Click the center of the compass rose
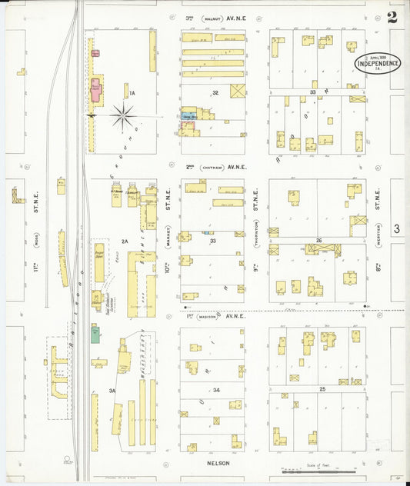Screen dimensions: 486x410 coord(122,117)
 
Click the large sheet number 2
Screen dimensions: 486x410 coord(393,17)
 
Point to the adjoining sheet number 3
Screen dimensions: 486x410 coord(396,228)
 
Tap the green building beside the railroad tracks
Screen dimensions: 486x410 coord(95,334)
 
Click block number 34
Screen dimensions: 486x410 coord(216,391)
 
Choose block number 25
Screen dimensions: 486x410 coord(322,390)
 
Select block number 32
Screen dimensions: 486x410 coord(216,92)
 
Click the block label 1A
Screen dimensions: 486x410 coord(132,93)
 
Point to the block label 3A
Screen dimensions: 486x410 coord(112,391)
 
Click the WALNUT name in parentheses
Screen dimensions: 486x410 coord(212,17)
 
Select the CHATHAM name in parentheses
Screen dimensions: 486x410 coord(212,167)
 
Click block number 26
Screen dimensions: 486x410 coord(318,240)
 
